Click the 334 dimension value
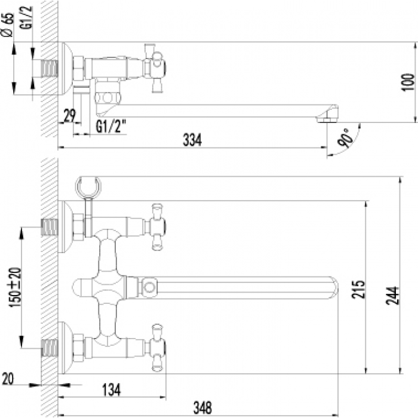(x=192, y=140)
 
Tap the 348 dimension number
(x=202, y=408)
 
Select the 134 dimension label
(x=112, y=389)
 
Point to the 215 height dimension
(x=358, y=289)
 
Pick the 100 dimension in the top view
(x=408, y=82)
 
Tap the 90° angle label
(x=345, y=138)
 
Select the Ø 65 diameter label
(x=7, y=24)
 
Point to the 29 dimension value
(x=70, y=115)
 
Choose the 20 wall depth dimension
(x=8, y=379)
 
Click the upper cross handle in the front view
(x=157, y=227)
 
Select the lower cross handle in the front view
(x=157, y=348)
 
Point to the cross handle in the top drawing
(x=154, y=68)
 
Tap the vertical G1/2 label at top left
(x=26, y=17)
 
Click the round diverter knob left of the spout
(x=82, y=288)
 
